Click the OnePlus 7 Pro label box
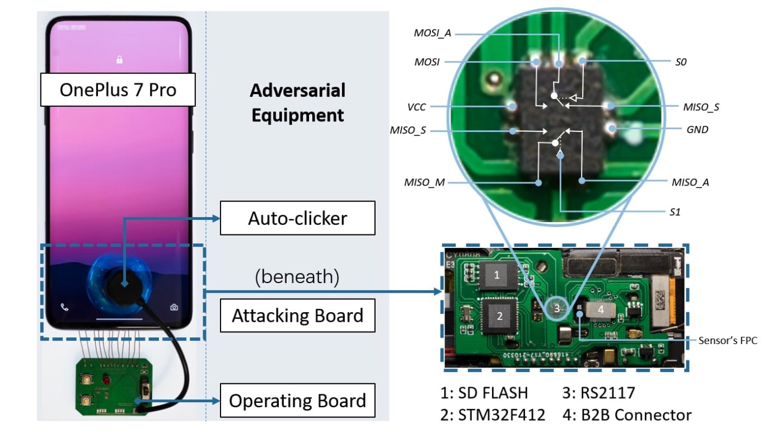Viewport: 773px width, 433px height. (x=118, y=90)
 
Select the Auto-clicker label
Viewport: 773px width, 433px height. (x=297, y=218)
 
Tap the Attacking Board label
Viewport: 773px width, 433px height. (x=297, y=316)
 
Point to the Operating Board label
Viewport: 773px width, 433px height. (x=297, y=401)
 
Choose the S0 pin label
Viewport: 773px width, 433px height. (x=681, y=62)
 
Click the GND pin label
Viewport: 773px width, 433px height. (x=697, y=129)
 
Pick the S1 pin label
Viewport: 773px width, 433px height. (x=674, y=212)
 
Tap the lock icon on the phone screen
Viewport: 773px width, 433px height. (x=119, y=60)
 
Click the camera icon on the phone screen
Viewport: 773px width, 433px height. (x=175, y=307)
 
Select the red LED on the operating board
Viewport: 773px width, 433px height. (x=106, y=381)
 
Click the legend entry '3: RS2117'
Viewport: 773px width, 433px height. (x=599, y=392)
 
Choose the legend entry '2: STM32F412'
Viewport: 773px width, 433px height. (x=500, y=415)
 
